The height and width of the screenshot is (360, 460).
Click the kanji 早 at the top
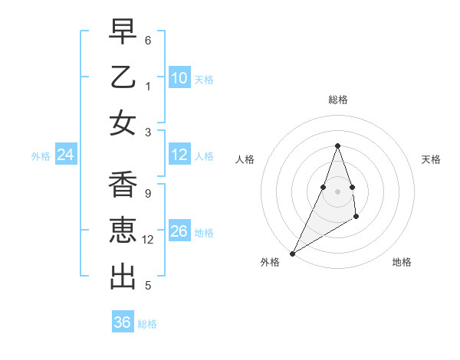tap(123, 33)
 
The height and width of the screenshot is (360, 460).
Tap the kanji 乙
tap(123, 78)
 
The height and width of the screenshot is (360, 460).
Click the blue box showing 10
tap(179, 78)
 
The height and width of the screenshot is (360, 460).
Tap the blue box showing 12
tap(179, 155)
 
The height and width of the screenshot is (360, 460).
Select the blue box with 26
tap(179, 231)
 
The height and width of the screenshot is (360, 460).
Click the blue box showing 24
tap(66, 155)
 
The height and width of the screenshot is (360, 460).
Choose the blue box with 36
tap(123, 322)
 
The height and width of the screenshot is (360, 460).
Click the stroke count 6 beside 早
tap(148, 40)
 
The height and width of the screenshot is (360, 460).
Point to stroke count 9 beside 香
tap(148, 193)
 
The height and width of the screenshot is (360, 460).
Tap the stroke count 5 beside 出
tap(148, 286)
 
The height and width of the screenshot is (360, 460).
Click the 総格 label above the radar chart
tap(337, 100)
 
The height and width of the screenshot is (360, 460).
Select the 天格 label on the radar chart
tap(431, 159)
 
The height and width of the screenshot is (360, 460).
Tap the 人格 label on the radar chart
tap(245, 159)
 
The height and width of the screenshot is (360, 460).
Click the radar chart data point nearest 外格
tap(292, 254)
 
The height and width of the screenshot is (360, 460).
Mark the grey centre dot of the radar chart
tap(337, 191)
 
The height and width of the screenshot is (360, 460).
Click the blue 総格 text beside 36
tap(147, 324)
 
